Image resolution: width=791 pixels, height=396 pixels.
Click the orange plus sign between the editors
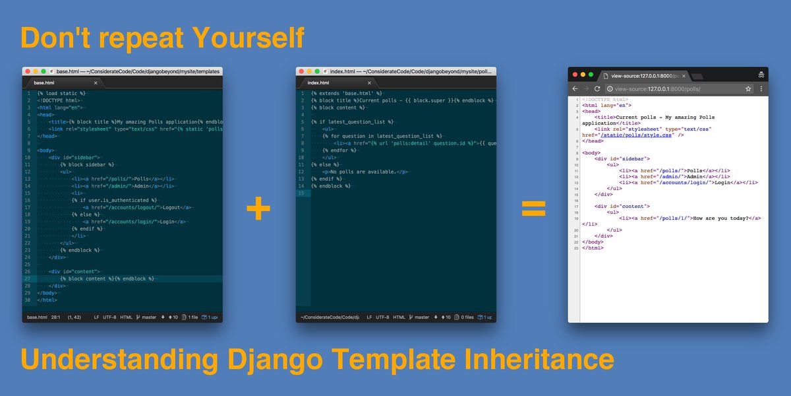tap(258, 209)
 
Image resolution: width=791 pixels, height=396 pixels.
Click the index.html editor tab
tap(319, 82)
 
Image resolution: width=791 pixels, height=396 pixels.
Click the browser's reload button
tap(597, 88)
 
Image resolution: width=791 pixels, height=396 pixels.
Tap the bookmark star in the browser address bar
tap(748, 88)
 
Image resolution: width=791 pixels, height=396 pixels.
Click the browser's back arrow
tap(575, 88)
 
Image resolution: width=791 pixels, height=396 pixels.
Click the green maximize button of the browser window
tap(591, 75)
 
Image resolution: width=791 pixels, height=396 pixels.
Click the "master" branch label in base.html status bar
tap(148, 317)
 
